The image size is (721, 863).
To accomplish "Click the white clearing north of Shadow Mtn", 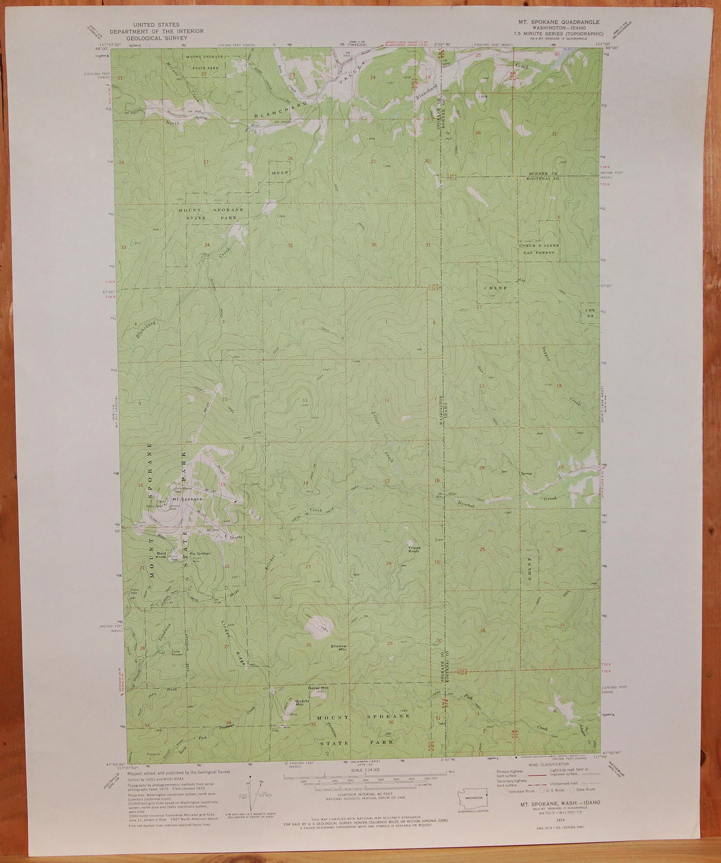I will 319,626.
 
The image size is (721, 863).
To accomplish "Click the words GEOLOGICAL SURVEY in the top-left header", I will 156,38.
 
